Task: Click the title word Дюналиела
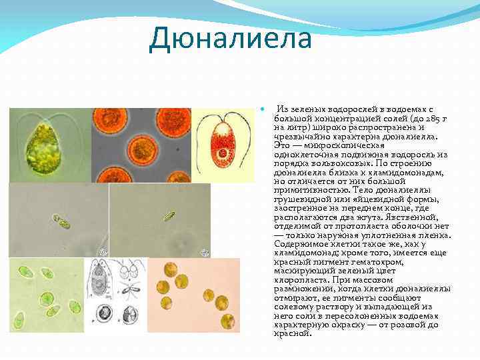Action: coord(230,38)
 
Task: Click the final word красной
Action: coord(291,334)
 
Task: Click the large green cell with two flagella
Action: coord(45,146)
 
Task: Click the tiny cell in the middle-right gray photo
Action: coord(169,216)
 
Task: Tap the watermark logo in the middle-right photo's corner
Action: coord(205,252)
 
